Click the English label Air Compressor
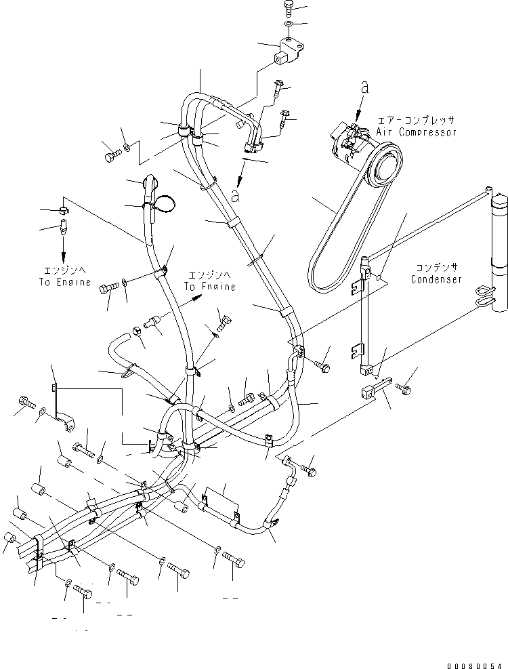(426, 133)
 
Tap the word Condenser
(436, 279)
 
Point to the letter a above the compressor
(364, 87)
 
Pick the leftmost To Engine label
(64, 282)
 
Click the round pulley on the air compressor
(383, 166)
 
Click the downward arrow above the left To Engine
(64, 256)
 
